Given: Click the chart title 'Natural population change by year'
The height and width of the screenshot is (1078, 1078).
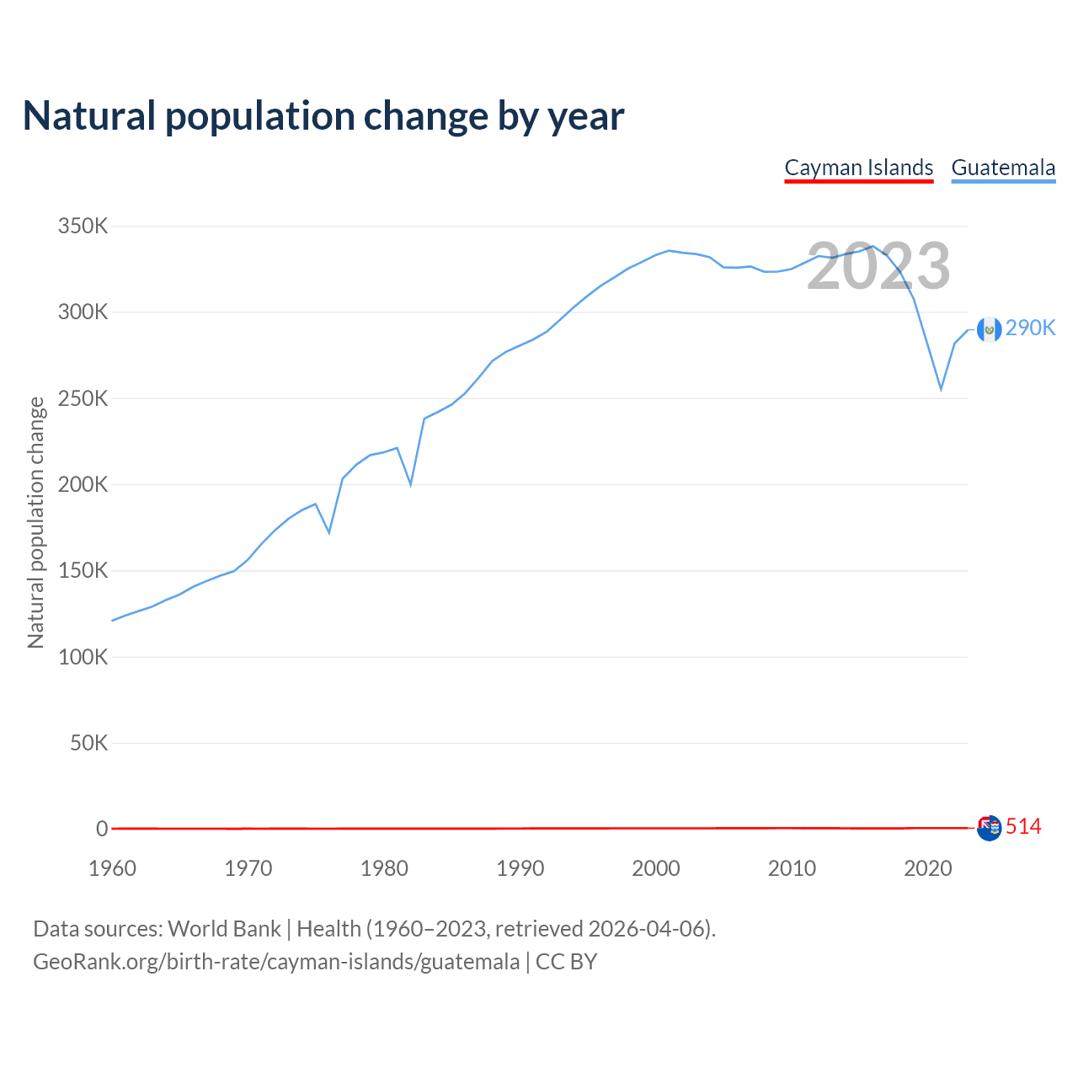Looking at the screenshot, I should pos(323,116).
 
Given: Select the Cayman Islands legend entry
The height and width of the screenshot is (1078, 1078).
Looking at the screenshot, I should pos(858,168).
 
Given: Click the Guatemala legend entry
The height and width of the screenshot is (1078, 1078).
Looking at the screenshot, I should pos(1003,168).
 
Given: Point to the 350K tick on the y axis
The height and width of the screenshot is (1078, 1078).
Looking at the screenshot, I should pos(83,227).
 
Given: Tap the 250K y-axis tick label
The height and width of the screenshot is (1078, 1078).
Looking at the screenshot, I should pos(83,399).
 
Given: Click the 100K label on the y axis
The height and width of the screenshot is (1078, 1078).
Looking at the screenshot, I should pos(83,657).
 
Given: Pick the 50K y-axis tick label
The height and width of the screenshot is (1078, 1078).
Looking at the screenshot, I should pos(88,743).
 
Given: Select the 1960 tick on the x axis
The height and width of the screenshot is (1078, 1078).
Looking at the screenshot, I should pos(112,868).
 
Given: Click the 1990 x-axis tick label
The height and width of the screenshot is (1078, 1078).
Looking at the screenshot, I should pos(520,868).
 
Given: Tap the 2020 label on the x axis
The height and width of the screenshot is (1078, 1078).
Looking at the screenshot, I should pos(927,868).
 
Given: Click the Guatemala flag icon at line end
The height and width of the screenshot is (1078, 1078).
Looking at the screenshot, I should pos(989,329).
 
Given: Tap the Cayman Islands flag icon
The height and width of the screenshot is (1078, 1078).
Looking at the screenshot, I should pos(989,828).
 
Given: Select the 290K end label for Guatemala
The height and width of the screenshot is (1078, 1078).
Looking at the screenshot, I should pos(1030,328).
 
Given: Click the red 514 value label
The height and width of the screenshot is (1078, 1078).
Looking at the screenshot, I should pos(1023,827).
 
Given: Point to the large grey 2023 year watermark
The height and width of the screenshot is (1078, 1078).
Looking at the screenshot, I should pos(878,266).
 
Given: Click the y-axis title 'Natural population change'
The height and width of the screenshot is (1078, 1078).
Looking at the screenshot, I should pos(36,523).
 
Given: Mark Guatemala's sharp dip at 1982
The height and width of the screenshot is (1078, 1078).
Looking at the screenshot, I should pos(411,484).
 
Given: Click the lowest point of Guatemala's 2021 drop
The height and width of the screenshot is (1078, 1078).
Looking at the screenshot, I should pos(941,389).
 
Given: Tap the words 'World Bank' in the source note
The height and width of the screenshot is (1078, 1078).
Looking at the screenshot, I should pos(224,929).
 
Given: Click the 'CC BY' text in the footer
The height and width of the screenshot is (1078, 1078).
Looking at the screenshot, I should pos(566,962).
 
